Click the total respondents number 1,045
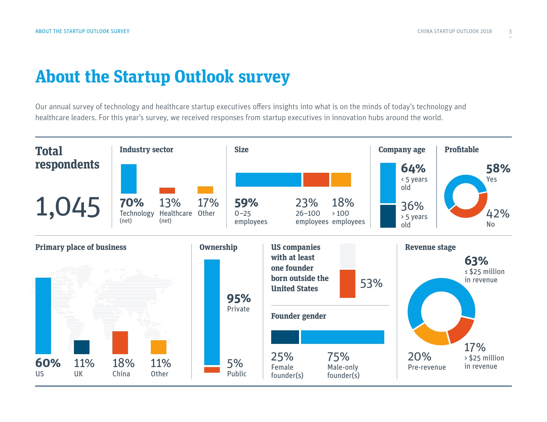click(68, 207)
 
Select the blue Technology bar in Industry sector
click(129, 179)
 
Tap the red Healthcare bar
click(167, 191)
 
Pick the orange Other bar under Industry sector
click(205, 190)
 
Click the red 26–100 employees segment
click(316, 180)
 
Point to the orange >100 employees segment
click(341, 180)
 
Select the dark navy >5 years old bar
click(388, 216)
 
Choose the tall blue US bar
click(43, 316)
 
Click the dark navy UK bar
click(82, 347)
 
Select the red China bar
click(120, 343)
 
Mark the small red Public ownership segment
click(212, 370)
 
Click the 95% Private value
click(239, 299)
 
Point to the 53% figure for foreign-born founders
click(371, 284)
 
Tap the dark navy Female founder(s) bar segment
click(285, 337)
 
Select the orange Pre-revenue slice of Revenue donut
click(430, 335)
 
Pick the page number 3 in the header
click(510, 31)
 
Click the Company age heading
click(402, 150)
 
